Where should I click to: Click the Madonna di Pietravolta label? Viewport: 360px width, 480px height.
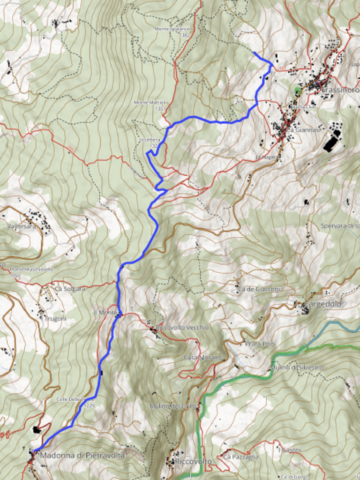click(82, 455)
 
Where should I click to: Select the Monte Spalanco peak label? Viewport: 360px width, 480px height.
click(172, 29)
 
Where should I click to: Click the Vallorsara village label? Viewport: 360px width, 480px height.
click(21, 226)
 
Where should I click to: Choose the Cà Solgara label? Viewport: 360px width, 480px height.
click(70, 289)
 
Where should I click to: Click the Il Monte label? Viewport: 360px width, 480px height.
click(105, 312)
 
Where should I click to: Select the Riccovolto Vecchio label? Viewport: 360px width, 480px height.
click(182, 327)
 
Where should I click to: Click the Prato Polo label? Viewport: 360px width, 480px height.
click(260, 344)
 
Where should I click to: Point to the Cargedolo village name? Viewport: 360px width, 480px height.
click(325, 304)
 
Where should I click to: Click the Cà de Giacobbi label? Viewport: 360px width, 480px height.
click(260, 289)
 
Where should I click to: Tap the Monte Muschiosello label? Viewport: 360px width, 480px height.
click(31, 270)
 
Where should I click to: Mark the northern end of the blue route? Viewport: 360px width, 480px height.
click(254, 52)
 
